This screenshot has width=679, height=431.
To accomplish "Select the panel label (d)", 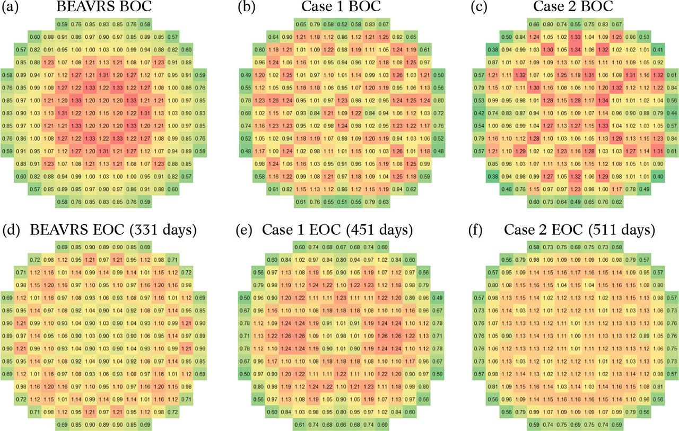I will (x=10, y=231).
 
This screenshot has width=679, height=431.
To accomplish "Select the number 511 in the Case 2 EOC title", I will (x=599, y=231).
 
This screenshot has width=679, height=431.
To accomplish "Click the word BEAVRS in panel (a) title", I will (x=79, y=7).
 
